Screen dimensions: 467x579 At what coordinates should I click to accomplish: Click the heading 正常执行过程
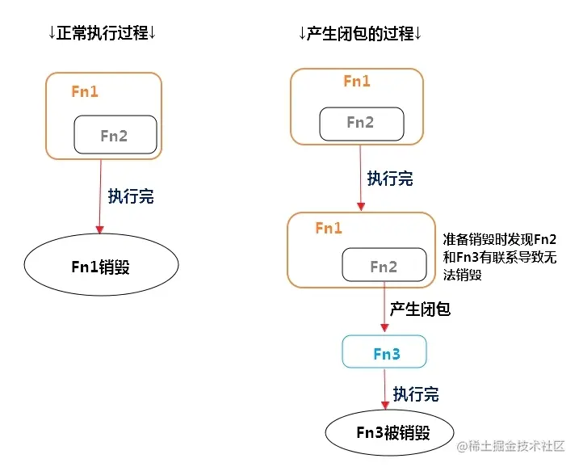pos(103,33)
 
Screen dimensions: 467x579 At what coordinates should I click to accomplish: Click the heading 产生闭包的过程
pos(361,33)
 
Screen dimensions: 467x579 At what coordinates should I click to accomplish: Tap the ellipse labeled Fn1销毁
pos(100,267)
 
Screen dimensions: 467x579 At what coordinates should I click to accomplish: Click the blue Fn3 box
pos(384,353)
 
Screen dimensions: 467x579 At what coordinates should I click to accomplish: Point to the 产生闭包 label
pos(420,309)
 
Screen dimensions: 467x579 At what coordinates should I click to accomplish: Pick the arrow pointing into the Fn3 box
pos(384,311)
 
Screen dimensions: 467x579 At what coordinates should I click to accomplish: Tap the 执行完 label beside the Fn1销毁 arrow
pos(131,196)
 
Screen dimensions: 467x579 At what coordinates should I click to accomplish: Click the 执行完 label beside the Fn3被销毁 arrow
pos(416,394)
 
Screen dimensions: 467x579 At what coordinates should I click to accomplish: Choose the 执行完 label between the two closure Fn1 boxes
pos(390,179)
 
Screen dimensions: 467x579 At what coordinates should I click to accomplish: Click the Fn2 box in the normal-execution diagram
pos(114,136)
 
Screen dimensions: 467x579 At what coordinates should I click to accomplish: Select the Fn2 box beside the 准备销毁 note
pos(384,267)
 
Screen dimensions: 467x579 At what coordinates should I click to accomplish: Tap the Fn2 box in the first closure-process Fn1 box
pos(360,123)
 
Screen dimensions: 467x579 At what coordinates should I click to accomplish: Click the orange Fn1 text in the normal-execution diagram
pos(85,91)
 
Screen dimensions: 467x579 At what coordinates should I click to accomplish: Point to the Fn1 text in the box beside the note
pos(329,229)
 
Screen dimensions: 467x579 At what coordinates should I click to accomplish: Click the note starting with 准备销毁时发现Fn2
pos(499,257)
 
